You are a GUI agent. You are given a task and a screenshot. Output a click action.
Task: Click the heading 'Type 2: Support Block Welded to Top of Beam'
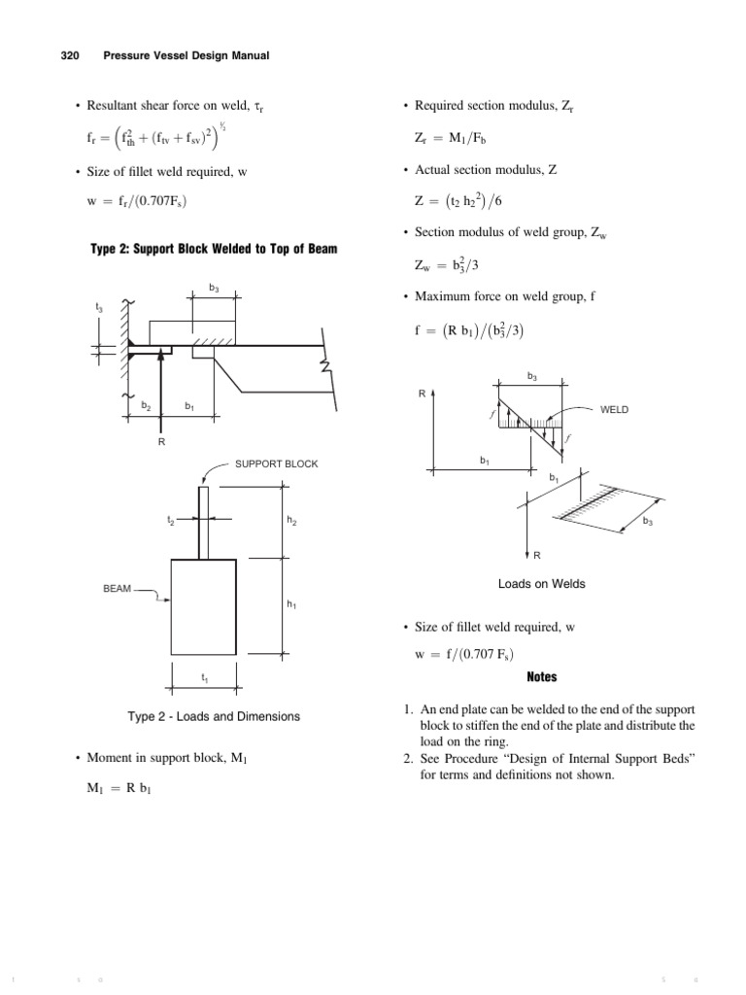(214, 250)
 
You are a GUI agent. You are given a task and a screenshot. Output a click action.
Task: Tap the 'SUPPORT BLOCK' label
(276, 463)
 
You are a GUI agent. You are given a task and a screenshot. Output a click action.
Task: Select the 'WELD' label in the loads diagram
(615, 410)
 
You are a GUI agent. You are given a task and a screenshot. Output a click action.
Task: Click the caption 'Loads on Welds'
(541, 584)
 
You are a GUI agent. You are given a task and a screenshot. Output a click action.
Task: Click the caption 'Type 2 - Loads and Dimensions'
(214, 716)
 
